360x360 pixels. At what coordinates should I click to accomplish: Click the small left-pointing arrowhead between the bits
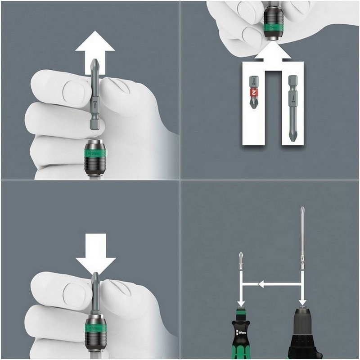(x=260, y=284)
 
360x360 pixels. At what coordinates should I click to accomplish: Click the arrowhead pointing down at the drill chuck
(x=302, y=301)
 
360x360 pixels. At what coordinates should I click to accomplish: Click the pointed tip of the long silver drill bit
(x=301, y=209)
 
